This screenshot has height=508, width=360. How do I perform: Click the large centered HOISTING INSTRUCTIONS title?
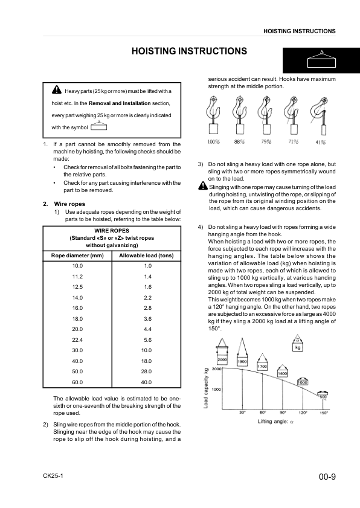[x=188, y=51]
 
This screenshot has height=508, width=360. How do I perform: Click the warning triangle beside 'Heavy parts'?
[x=56, y=90]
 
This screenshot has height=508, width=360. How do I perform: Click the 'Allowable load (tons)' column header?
[x=147, y=257]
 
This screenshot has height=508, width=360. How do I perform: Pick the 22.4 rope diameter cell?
[x=77, y=340]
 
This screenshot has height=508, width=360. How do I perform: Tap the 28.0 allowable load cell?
[x=147, y=371]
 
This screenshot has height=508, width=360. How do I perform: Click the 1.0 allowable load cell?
[x=147, y=266]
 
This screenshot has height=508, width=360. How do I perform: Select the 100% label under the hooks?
[x=213, y=142]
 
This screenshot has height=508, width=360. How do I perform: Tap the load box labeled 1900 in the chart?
[x=243, y=361]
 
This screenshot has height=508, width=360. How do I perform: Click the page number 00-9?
[x=326, y=477]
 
